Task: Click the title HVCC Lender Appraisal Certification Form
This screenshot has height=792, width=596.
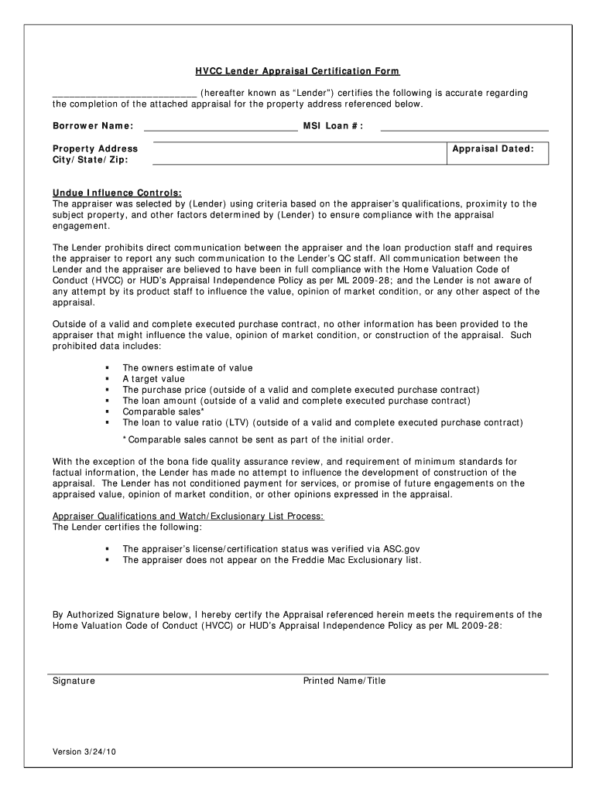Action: (297, 71)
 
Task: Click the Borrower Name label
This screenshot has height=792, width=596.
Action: (93, 126)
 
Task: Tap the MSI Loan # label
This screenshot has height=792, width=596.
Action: (333, 126)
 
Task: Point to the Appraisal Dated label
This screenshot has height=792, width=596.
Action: (493, 148)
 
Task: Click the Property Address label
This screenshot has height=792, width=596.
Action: (95, 148)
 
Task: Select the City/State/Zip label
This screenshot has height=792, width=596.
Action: (91, 160)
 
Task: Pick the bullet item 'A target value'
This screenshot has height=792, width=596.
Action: (153, 379)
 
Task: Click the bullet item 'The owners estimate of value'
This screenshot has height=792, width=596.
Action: (187, 368)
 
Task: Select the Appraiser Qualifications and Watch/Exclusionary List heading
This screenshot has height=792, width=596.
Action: (188, 517)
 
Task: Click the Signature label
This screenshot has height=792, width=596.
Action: (74, 681)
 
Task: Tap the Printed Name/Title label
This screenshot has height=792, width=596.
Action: (344, 681)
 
